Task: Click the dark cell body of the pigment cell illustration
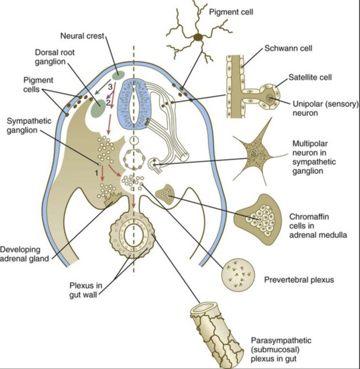(x=197, y=38)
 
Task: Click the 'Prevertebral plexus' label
(x=299, y=280)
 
